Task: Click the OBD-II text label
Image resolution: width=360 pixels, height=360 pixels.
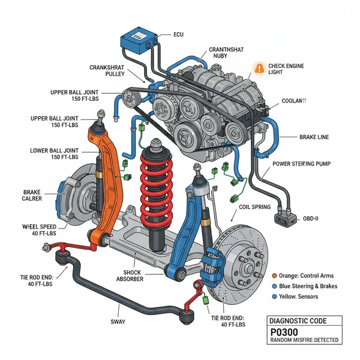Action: (311, 218)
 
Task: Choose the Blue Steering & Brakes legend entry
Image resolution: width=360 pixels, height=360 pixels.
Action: (305, 286)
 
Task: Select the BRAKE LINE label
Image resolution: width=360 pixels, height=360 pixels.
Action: (314, 137)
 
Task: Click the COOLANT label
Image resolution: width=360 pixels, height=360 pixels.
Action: (293, 101)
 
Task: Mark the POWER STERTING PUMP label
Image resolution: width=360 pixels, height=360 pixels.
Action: (301, 163)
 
